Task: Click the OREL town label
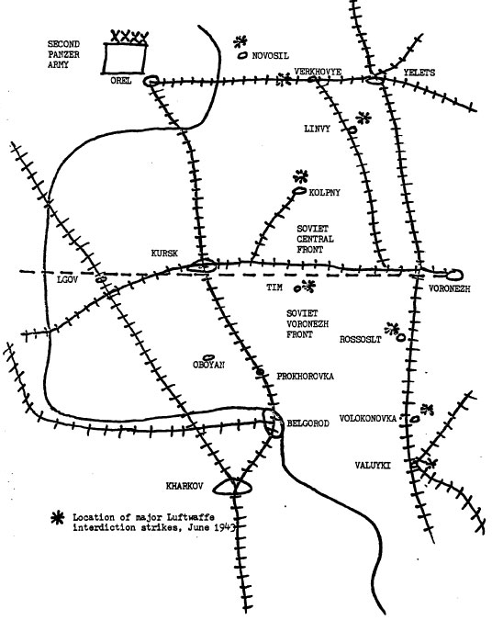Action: click(121, 80)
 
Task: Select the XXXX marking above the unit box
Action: click(129, 37)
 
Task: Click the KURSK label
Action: click(164, 254)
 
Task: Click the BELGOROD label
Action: click(307, 423)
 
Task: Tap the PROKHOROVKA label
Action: click(305, 376)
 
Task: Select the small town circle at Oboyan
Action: click(207, 357)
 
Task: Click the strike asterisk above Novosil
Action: click(240, 41)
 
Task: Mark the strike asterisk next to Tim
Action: click(308, 286)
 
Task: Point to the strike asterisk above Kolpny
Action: click(301, 176)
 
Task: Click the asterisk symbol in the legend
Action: click(58, 518)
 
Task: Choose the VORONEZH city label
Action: click(450, 289)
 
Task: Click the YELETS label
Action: click(419, 73)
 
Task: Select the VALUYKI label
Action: click(373, 466)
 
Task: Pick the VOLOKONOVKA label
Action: click(368, 418)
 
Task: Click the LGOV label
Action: click(68, 280)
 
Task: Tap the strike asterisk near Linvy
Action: click(363, 118)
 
